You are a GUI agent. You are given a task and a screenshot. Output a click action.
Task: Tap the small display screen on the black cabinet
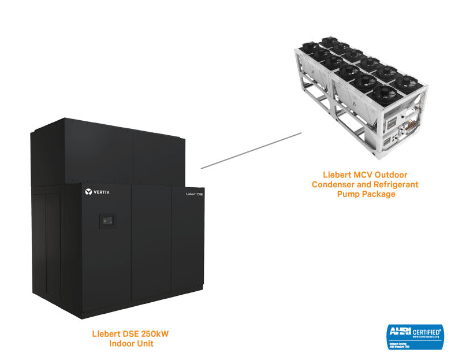tap(107, 220)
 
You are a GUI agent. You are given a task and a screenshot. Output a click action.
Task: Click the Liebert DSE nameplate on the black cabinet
tap(194, 195)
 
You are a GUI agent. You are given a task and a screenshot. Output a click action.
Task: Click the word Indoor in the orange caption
tap(122, 344)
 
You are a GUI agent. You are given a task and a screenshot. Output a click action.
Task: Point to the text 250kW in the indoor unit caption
tap(153, 334)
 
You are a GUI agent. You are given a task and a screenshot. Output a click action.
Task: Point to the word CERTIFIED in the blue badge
tap(427, 331)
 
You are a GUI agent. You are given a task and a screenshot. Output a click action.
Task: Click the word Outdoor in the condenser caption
tap(396, 175)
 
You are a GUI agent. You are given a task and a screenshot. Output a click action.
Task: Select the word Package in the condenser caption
tap(379, 194)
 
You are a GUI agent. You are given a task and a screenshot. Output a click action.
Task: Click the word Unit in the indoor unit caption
tap(145, 344)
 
